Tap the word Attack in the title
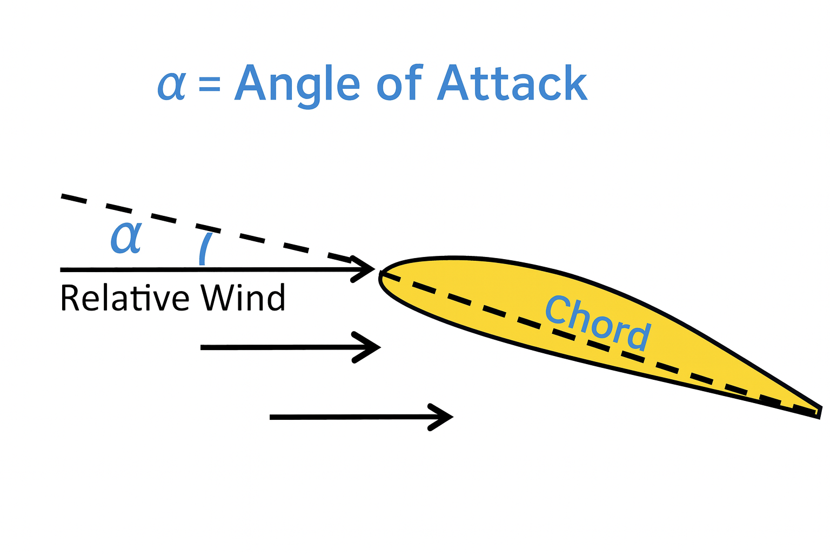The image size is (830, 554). [512, 83]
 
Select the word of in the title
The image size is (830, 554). [399, 83]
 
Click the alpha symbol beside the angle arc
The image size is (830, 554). [126, 238]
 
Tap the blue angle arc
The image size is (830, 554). [204, 248]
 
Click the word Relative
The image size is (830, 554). [125, 298]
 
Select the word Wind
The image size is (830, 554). [243, 298]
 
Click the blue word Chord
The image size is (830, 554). [597, 322]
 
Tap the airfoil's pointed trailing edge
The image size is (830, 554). [818, 412]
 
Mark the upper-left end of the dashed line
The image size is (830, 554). [63, 196]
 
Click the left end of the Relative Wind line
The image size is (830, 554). [62, 269]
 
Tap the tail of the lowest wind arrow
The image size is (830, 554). [271, 417]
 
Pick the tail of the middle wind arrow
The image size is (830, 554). [202, 347]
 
